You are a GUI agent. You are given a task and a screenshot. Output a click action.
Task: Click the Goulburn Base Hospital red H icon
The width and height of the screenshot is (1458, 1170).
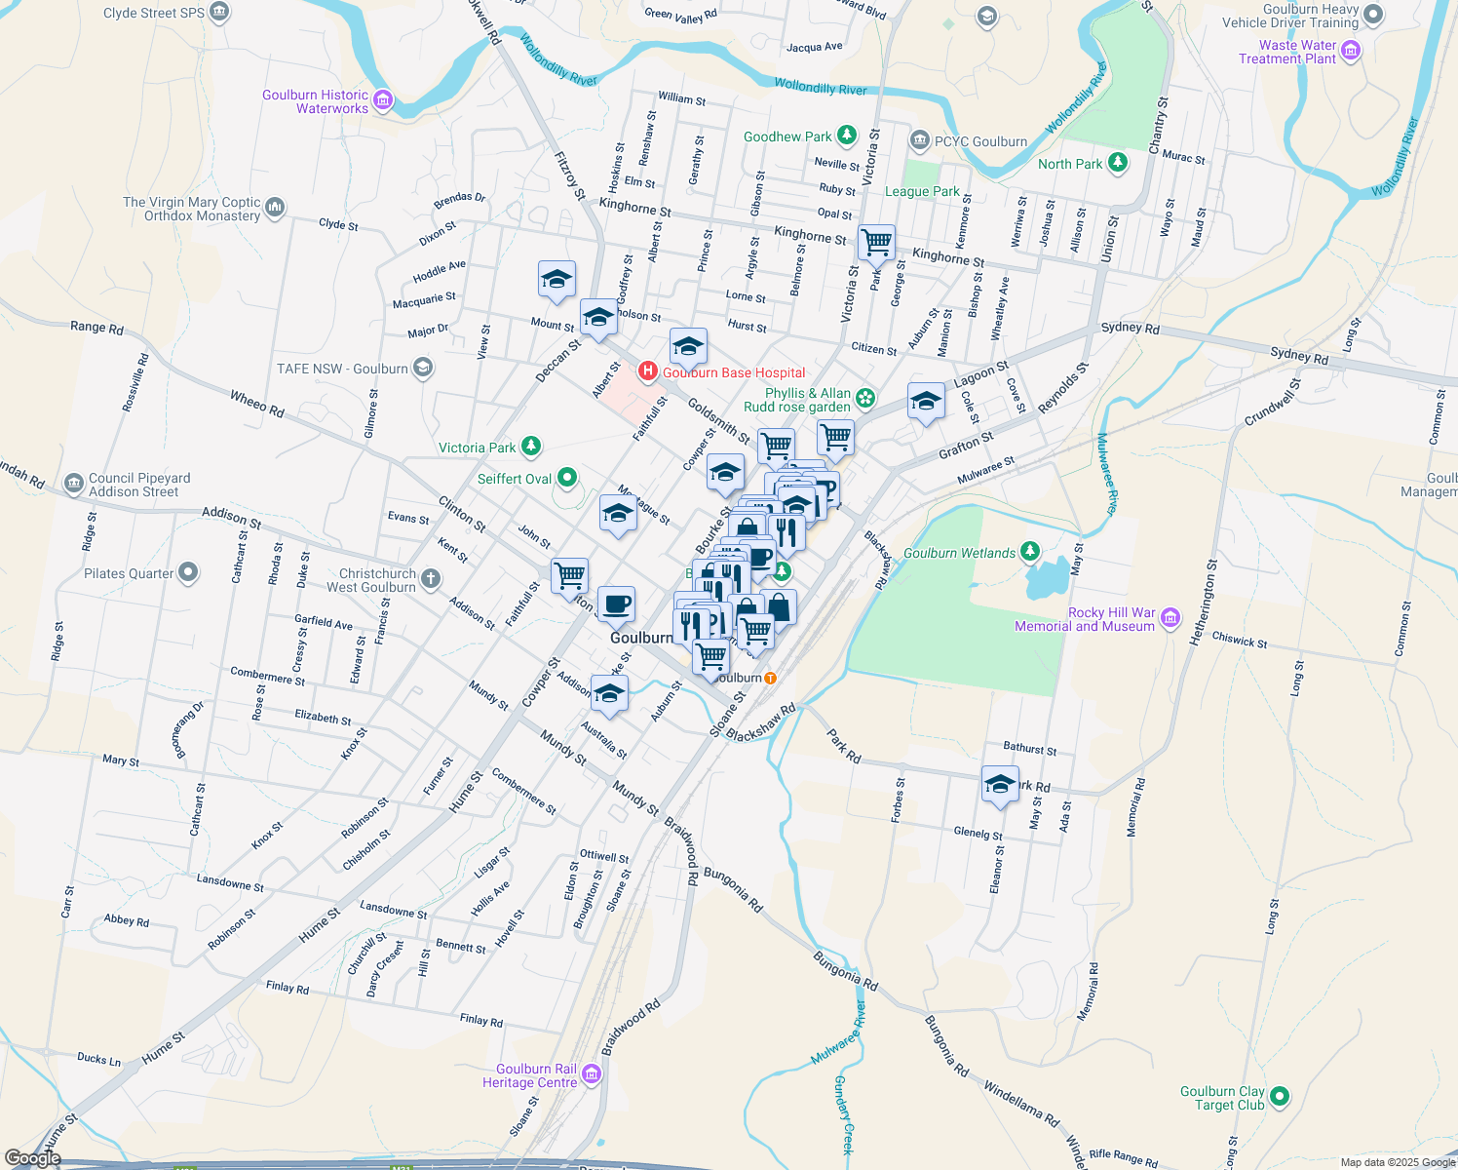click(x=647, y=371)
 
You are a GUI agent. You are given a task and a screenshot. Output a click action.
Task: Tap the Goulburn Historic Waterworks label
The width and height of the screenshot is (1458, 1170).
click(x=315, y=101)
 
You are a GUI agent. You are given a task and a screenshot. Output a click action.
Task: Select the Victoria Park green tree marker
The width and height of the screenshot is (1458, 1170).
click(x=531, y=447)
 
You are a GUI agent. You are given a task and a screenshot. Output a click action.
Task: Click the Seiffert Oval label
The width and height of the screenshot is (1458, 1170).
click(x=515, y=479)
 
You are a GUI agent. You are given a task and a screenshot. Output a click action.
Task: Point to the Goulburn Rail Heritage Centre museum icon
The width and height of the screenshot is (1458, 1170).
click(x=592, y=1074)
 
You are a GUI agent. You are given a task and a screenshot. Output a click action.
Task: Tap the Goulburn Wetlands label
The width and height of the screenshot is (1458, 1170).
click(x=959, y=553)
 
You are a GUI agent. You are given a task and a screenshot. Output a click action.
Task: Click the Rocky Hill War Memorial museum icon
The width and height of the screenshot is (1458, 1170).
click(x=1170, y=618)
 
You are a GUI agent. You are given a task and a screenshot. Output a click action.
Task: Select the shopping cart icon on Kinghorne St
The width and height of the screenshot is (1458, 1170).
click(x=877, y=242)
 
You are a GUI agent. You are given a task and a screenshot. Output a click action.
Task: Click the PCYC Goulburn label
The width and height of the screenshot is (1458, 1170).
click(x=980, y=141)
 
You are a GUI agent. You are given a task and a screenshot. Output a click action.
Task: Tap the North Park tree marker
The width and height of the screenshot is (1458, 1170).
click(x=1118, y=163)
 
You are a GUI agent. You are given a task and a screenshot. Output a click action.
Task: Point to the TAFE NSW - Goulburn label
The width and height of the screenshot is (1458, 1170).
click(x=342, y=369)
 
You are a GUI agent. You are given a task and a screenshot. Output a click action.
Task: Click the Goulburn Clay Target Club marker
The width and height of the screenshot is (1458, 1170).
click(x=1280, y=1097)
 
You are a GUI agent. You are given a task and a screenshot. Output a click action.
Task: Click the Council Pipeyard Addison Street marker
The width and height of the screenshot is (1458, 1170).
click(x=74, y=484)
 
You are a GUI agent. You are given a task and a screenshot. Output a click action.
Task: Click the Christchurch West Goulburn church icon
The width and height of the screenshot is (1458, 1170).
click(x=431, y=580)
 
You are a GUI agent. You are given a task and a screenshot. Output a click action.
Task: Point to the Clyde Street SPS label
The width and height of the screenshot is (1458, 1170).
click(x=154, y=13)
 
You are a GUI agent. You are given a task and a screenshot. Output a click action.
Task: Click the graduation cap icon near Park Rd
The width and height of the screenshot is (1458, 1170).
click(x=1000, y=784)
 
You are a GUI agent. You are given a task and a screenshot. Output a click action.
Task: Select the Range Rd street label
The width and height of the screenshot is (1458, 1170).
click(x=96, y=328)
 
